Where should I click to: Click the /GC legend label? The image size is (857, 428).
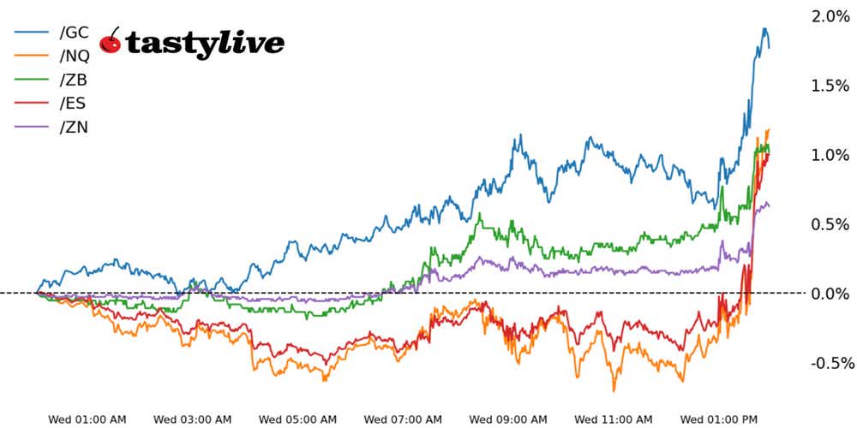(x=74, y=33)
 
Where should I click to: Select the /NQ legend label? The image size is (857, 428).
(x=75, y=56)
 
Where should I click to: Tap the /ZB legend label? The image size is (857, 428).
(x=74, y=80)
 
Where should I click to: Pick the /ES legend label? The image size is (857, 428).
(x=73, y=104)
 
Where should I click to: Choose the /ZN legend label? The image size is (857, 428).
(x=74, y=128)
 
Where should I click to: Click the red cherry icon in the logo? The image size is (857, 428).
(x=111, y=40)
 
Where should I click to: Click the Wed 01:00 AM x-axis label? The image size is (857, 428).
(x=87, y=419)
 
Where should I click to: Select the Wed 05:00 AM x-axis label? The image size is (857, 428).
(x=297, y=419)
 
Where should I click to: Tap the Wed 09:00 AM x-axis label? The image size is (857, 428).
(x=508, y=419)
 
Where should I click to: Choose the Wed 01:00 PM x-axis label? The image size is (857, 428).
(x=718, y=419)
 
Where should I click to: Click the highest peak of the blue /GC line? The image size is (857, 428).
(x=764, y=28)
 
